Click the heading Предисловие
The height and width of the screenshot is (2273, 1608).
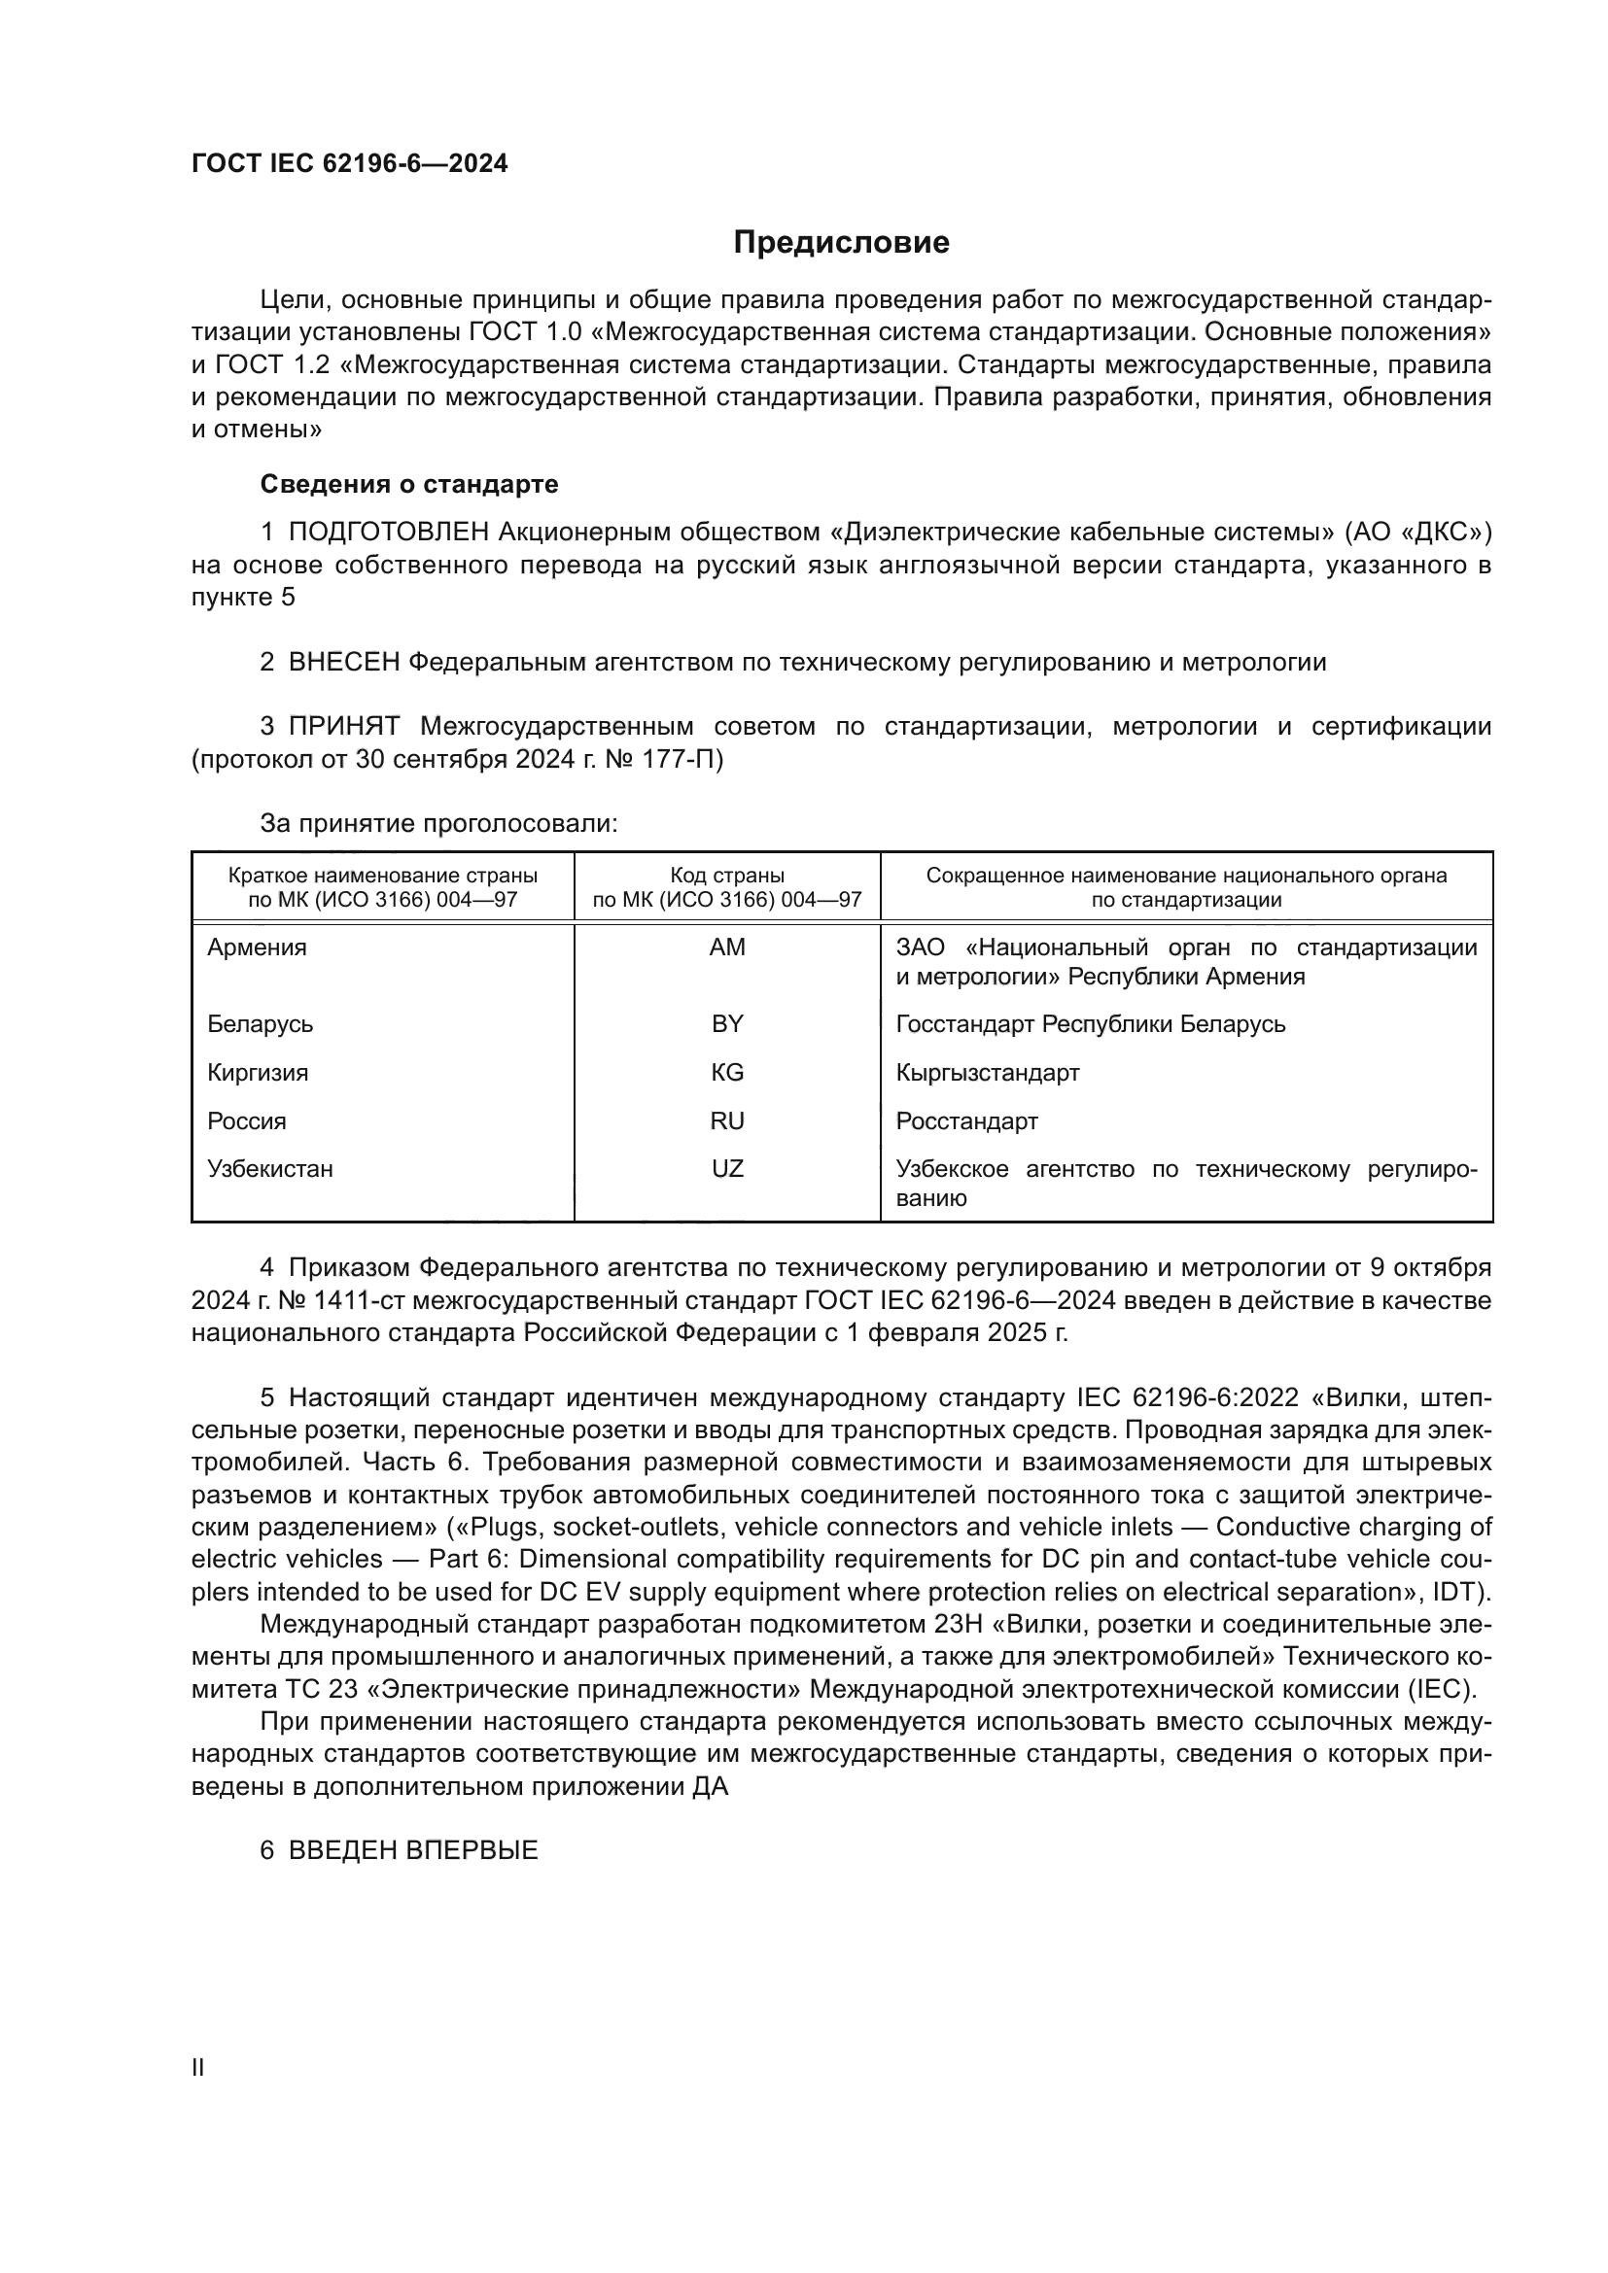[x=841, y=243]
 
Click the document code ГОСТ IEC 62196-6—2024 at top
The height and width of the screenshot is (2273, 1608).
[x=350, y=163]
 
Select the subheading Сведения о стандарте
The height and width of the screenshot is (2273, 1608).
[x=409, y=484]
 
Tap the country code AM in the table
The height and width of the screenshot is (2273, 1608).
[x=727, y=947]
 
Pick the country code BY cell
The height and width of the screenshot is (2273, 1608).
[x=727, y=1023]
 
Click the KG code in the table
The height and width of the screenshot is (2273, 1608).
[x=727, y=1072]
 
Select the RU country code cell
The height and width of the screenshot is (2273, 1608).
[x=727, y=1120]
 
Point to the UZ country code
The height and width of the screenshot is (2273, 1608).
[x=727, y=1169]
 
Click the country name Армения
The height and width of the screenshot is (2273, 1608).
[x=258, y=947]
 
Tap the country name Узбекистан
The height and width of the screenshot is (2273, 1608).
[x=270, y=1169]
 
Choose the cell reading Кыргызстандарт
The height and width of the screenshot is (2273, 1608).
[x=987, y=1072]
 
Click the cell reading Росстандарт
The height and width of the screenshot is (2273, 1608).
[x=966, y=1120]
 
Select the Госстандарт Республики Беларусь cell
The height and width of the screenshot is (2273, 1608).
[x=1090, y=1023]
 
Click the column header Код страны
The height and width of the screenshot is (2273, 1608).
[x=727, y=876]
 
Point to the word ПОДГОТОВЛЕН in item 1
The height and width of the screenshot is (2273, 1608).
[x=389, y=533]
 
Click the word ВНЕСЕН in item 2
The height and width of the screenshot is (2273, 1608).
[x=343, y=663]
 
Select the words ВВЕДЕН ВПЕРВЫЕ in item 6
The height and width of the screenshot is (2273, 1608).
[x=413, y=1850]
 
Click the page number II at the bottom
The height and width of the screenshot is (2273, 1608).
[x=198, y=2068]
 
